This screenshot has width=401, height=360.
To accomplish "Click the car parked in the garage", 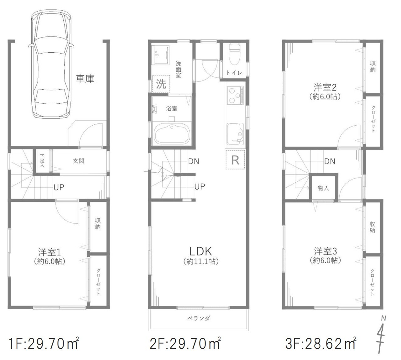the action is (51, 64).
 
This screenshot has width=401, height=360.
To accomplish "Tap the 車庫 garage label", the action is (85, 78).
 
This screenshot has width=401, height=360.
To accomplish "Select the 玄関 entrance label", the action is (79, 161).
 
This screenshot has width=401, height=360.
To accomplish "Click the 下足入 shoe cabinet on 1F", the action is (42, 161).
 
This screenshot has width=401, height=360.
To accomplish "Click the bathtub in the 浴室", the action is (172, 134).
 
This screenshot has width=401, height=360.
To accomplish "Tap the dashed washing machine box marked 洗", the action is (161, 84).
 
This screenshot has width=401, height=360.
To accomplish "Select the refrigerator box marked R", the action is (235, 159).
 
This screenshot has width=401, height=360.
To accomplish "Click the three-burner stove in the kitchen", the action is (235, 96).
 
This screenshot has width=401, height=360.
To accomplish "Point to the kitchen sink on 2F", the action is (235, 134).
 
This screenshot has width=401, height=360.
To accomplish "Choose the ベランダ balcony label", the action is (199, 318).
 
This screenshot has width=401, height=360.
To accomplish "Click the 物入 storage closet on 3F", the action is (323, 188).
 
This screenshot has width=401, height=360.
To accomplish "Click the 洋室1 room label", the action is (49, 252).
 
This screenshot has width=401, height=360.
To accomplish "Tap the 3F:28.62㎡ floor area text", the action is (320, 344).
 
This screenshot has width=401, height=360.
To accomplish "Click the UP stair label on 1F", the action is (59, 187).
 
